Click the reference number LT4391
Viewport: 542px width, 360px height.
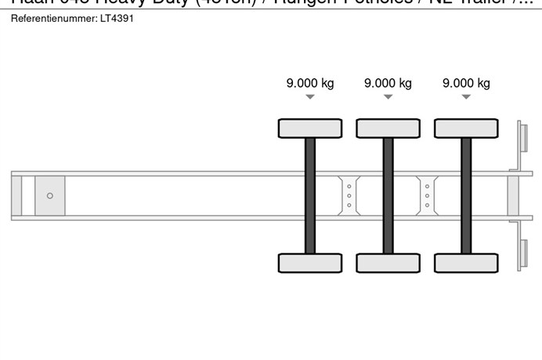click(117, 18)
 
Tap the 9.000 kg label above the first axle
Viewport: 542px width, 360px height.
click(310, 83)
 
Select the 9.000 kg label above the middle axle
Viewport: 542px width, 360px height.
click(388, 83)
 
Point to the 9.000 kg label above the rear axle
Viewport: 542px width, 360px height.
click(466, 83)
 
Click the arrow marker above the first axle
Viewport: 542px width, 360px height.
click(310, 97)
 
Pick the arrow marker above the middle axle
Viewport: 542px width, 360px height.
click(388, 97)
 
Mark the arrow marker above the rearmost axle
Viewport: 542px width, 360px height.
click(466, 97)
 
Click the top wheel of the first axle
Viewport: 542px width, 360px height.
click(310, 128)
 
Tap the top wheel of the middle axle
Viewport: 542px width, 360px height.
click(388, 128)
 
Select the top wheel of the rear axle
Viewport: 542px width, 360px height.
click(466, 128)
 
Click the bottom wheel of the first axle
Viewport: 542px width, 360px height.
click(310, 263)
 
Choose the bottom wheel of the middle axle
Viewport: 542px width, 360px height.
click(388, 263)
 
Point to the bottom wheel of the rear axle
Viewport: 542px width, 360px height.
click(466, 263)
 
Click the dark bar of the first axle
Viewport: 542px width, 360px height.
click(310, 196)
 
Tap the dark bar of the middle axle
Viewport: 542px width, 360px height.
click(388, 196)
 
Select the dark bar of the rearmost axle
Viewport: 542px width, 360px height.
click(466, 196)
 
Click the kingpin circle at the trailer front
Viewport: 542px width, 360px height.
click(50, 196)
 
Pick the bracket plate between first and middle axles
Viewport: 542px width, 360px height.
click(349, 196)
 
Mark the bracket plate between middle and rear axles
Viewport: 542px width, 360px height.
click(427, 196)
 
